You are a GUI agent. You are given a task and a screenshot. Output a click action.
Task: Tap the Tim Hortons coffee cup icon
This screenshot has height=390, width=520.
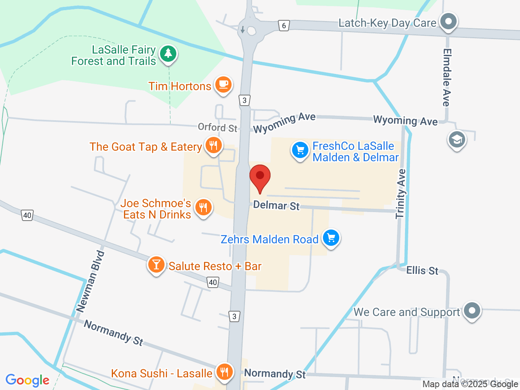223,84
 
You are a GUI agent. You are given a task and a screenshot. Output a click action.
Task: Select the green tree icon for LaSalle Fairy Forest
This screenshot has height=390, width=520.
168,54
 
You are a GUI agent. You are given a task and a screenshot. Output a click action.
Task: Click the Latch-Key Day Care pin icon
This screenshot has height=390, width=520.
448,21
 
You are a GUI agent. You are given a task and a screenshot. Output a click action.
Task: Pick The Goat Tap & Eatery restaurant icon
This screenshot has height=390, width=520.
213,145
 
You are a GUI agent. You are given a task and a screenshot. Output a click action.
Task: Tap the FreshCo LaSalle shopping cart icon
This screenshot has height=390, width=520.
300,151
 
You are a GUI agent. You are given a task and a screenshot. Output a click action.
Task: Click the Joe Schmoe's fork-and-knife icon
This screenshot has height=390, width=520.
203,208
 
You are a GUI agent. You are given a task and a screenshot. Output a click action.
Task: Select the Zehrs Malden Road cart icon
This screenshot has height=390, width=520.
331,238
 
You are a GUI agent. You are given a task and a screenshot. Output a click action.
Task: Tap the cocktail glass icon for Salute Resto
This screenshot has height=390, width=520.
156,264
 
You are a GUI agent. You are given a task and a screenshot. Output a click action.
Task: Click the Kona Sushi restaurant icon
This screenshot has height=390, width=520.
224,371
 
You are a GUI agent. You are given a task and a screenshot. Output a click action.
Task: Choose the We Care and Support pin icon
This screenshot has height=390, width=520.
472,311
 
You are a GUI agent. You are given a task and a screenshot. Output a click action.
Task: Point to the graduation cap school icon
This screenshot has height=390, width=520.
457,140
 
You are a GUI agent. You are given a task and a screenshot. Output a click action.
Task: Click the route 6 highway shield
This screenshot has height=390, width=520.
284,26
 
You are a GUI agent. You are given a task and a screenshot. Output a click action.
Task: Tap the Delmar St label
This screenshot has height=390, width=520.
276,206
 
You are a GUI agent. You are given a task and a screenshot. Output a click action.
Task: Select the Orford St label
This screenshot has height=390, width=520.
217,128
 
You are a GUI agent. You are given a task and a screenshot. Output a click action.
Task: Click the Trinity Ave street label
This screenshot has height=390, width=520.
401,194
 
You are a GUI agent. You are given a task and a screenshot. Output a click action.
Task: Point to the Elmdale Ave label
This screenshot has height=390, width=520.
447,77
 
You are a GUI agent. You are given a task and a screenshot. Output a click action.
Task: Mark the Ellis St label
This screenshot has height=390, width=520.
422,271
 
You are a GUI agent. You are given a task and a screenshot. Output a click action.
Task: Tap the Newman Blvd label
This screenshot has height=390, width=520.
91,282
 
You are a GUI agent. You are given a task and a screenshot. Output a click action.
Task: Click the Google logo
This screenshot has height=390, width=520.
28,380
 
